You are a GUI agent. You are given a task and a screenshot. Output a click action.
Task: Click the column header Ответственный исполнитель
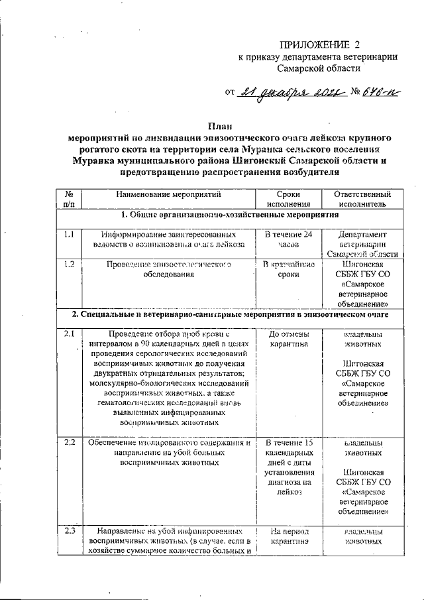(x=358, y=200)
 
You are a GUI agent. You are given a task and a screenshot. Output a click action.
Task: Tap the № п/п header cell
(x=70, y=200)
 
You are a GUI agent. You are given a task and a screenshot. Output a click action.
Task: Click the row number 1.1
(x=70, y=234)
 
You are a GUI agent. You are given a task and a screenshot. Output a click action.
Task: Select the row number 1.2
(x=70, y=265)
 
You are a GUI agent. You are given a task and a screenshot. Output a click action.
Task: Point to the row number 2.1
(x=70, y=333)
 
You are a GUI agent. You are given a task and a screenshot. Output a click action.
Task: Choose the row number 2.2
(x=70, y=442)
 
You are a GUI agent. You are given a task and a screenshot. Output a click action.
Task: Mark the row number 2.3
(x=70, y=530)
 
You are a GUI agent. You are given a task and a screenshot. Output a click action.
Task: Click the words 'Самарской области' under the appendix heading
(x=319, y=68)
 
